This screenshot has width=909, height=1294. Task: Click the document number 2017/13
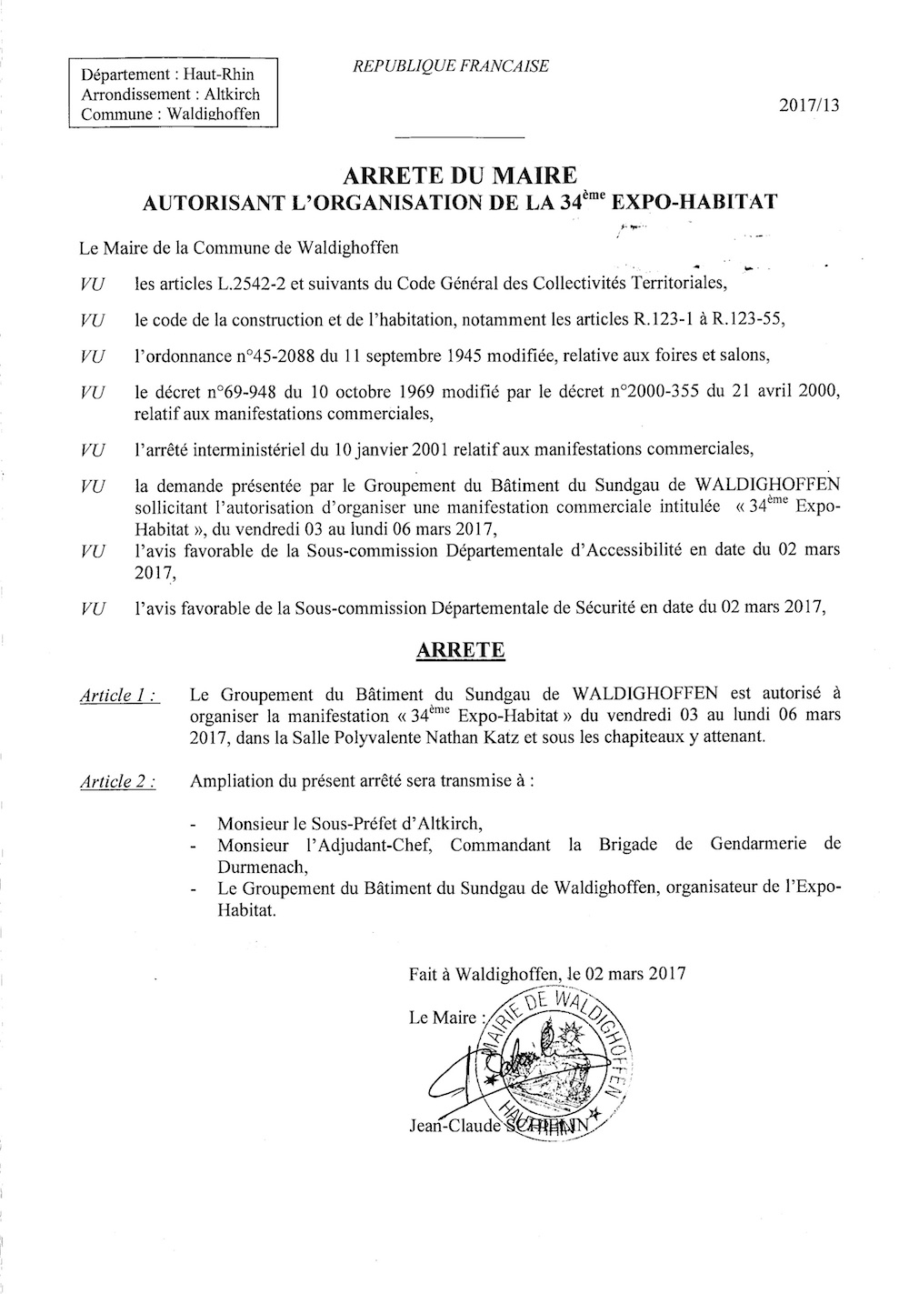809,105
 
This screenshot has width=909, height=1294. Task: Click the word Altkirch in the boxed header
227,94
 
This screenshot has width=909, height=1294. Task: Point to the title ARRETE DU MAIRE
458,175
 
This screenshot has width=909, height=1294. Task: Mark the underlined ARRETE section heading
458,651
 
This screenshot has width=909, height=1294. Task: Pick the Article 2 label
117,781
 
